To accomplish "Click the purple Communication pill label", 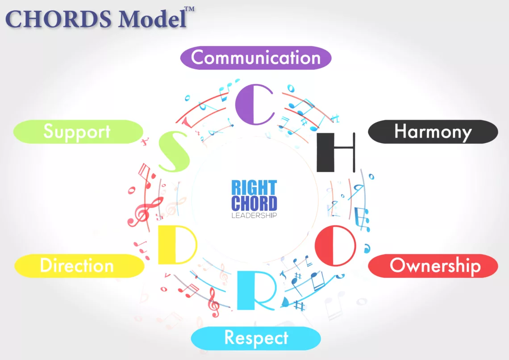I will click(256, 58).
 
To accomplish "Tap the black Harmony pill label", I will click(432, 132).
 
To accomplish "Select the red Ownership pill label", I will click(433, 266).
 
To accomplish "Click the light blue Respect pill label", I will click(256, 338).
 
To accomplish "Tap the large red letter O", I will click(335, 245).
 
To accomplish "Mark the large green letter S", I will click(174, 152).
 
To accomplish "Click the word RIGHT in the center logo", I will click(254, 188).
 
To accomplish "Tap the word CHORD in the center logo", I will click(254, 203).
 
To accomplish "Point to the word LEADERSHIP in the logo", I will click(254, 215).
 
